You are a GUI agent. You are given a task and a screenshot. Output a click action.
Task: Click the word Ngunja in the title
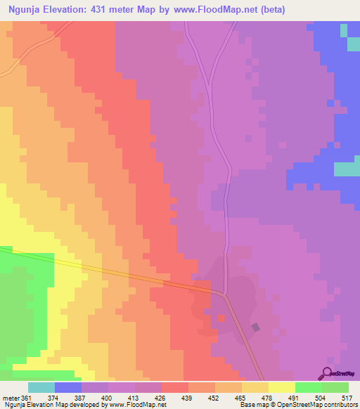tap(30, 11)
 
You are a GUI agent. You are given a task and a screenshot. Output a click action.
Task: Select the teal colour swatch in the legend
tap(41, 387)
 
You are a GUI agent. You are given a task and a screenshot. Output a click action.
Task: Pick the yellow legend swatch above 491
tap(281, 387)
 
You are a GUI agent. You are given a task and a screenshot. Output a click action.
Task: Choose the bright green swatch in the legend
tap(308, 387)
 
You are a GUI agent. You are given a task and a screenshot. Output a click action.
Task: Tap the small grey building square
tap(255, 327)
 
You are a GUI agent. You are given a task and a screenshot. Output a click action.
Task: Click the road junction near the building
tap(224, 294)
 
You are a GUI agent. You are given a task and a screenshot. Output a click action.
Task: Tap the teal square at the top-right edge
tap(343, 31)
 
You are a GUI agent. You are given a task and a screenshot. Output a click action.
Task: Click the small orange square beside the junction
tap(221, 318)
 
